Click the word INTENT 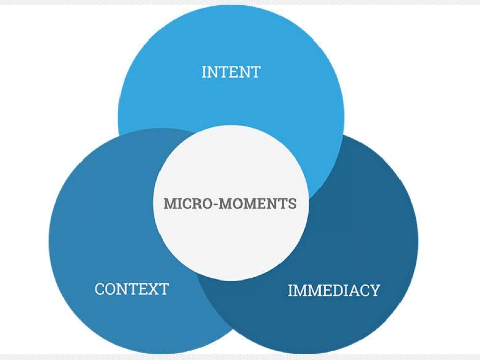click(230, 72)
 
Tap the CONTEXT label click(131, 289)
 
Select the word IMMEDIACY click(334, 291)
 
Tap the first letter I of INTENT click(204, 72)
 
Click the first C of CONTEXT click(100, 289)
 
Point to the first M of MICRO click(169, 204)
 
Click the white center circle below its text click(231, 248)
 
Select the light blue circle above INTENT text click(230, 35)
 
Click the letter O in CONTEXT click(111, 289)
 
